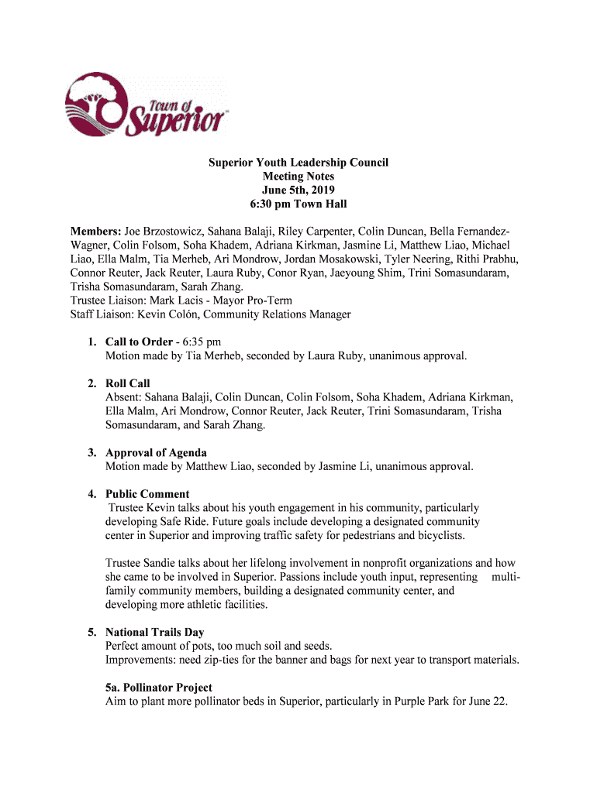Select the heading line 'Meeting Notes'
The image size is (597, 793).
pos(298,177)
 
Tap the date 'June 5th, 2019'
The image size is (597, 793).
pos(298,191)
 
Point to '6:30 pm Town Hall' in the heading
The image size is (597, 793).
pos(298,204)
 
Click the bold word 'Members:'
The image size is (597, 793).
pos(95,232)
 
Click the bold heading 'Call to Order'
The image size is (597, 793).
pos(138,342)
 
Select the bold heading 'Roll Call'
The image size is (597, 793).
pos(128,383)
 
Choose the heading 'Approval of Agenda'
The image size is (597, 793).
pos(156,452)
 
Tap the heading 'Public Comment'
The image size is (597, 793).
pos(147,494)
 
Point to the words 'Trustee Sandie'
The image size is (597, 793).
pos(140,563)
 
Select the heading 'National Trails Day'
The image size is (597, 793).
pos(155,633)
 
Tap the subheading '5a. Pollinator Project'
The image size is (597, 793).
pos(159,688)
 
